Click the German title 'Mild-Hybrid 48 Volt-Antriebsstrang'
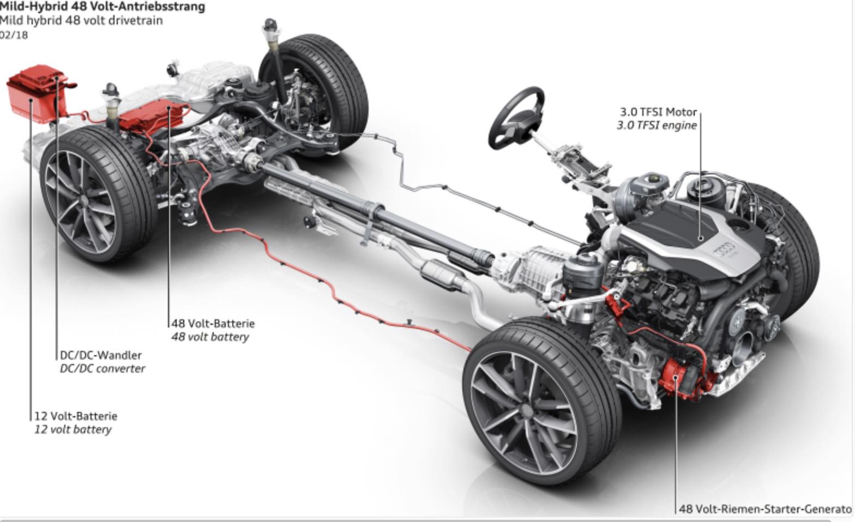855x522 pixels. tap(102, 7)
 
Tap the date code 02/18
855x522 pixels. tap(14, 35)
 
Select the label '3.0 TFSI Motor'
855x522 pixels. tap(658, 112)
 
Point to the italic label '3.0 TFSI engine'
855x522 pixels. tap(657, 125)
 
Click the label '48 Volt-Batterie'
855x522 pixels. tap(213, 323)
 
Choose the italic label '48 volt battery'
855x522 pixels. tap(210, 337)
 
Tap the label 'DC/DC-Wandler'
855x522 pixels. tap(101, 355)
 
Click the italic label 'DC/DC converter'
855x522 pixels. tap(103, 368)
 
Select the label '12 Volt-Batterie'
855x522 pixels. tap(76, 416)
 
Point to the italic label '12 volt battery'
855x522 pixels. tap(73, 429)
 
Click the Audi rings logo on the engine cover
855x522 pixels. tap(726, 251)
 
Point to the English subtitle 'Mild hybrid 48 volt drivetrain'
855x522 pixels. tap(81, 21)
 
